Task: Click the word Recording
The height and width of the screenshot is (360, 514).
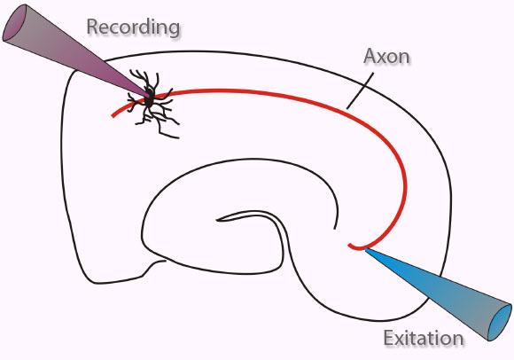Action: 133,28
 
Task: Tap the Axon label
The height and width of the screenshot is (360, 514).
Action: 386,57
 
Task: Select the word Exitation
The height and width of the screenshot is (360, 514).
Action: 424,338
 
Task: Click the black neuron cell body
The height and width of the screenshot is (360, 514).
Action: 149,97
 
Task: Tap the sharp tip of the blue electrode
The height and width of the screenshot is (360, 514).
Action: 365,249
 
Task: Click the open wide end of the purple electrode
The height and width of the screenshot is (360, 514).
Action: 16,22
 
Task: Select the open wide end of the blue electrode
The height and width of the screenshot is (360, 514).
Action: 500,323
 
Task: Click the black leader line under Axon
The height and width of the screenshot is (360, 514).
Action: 360,90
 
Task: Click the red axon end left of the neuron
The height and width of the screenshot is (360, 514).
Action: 113,115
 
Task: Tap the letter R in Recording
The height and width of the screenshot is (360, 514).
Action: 93,27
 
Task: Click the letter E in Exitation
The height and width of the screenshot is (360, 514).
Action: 389,338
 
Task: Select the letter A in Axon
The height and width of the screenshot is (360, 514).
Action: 370,57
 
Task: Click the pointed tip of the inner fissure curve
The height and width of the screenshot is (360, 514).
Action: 217,220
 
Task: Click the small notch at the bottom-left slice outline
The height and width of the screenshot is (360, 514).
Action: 154,265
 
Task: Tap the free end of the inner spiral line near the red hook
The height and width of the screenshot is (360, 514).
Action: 334,228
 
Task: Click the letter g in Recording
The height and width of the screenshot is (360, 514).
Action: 173,30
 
